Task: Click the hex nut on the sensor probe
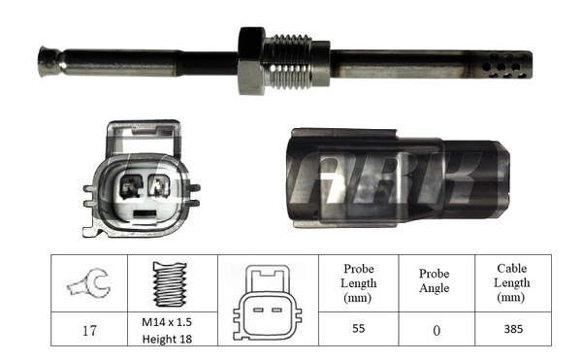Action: [x=251, y=61]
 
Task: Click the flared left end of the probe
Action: [x=48, y=63]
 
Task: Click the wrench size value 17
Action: [x=88, y=330]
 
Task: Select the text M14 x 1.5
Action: [x=168, y=322]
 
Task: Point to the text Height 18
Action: [x=168, y=338]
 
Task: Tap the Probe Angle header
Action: [x=436, y=282]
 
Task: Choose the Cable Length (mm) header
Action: [x=513, y=282]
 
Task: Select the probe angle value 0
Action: [x=436, y=330]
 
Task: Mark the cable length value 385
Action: [x=513, y=330]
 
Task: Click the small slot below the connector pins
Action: [x=144, y=212]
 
